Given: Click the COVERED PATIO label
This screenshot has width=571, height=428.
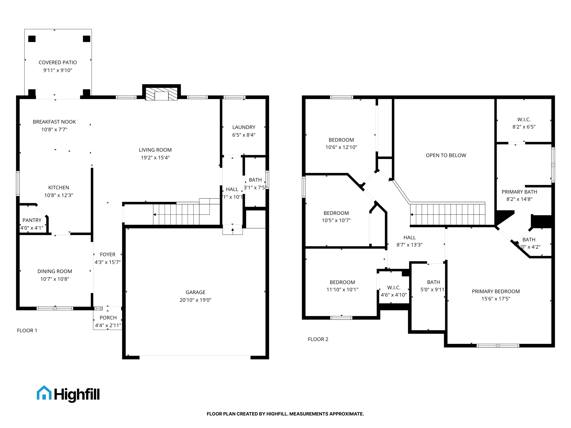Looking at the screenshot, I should pos(58,62).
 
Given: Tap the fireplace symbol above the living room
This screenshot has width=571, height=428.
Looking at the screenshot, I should pos(161,94).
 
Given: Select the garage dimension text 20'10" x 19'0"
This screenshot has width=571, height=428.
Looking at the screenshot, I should pos(195,300).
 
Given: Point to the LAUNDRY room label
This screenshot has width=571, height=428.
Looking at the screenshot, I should pos(244,127).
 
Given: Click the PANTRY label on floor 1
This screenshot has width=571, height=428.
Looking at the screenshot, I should pos(32,220).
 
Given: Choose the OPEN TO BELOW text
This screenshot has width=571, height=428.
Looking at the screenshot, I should pos(446,155).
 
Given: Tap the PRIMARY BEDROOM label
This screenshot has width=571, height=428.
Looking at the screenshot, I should pos(496,291).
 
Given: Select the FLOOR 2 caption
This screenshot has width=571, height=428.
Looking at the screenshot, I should pos(318,339).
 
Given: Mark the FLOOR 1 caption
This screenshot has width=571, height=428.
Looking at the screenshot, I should pos(27,330).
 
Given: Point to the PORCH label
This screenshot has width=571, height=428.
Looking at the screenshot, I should pos(108,318).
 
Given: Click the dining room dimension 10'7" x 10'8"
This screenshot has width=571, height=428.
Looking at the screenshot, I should pos(55,279).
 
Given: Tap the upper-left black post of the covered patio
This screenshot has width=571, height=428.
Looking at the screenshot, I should pos(32,39).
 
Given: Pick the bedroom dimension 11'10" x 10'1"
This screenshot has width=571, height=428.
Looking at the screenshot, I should pos(342,290).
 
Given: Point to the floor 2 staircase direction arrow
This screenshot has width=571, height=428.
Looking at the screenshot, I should pos(412,215).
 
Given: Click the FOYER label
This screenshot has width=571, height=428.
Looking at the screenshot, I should pos(108,254).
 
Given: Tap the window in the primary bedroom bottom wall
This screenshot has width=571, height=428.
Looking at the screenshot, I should pos(498,346).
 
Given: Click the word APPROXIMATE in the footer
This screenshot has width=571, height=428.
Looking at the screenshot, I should pos(347,414).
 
